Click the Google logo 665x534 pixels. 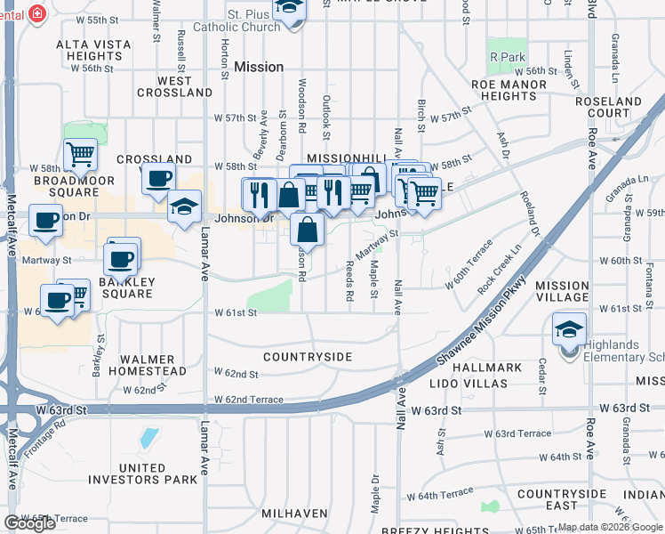pos(29,523)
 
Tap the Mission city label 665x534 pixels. pos(260,67)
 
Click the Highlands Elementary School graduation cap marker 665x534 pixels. pos(569,330)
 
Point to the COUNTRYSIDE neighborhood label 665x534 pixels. pos(308,357)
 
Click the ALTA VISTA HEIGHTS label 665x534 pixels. pos(94,50)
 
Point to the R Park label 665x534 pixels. pos(509,57)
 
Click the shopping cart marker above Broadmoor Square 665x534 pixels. pos(80,155)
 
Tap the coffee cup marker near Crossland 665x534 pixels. pos(158,178)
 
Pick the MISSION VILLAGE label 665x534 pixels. pos(562,292)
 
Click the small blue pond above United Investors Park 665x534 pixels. pos(148,438)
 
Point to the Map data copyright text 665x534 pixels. pos(609,527)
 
